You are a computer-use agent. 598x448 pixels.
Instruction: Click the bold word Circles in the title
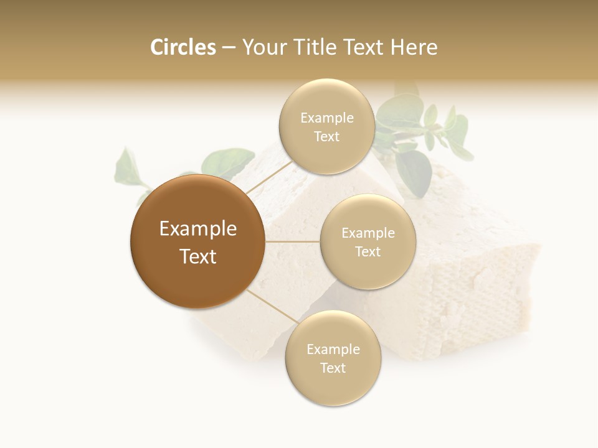point(183,47)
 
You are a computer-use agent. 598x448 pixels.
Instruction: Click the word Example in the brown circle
point(198,229)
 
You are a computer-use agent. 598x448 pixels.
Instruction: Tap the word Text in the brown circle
point(198,256)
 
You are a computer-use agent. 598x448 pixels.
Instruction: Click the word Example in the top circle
point(327,118)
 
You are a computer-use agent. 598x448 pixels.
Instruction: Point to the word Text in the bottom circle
point(333,368)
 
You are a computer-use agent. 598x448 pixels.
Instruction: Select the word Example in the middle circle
point(368,233)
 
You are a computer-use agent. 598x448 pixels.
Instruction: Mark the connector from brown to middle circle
point(293,241)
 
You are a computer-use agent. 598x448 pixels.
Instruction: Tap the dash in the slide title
point(229,48)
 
